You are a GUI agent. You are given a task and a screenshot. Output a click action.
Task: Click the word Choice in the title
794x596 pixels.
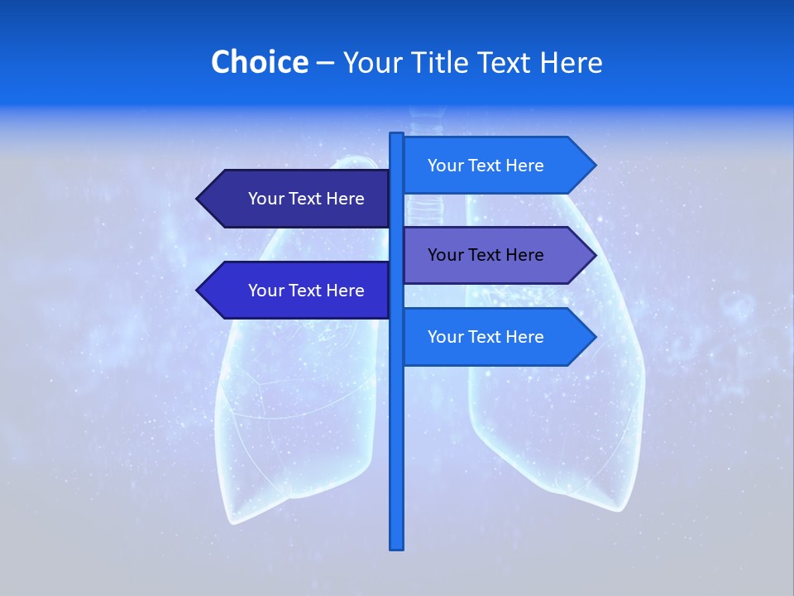point(259,63)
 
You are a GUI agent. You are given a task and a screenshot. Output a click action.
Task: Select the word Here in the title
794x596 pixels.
point(570,63)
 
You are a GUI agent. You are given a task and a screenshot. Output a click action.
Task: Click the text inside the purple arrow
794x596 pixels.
point(485,255)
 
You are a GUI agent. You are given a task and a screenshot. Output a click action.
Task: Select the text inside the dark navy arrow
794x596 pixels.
point(306,199)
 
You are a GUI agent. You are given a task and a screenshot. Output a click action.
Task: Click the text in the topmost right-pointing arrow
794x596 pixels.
point(485,166)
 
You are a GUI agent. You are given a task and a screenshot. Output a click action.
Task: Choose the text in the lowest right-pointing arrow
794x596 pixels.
point(485,337)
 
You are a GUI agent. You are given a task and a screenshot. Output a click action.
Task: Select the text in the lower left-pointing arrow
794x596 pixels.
point(306,291)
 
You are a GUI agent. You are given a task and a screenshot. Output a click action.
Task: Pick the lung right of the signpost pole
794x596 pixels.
point(554,414)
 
